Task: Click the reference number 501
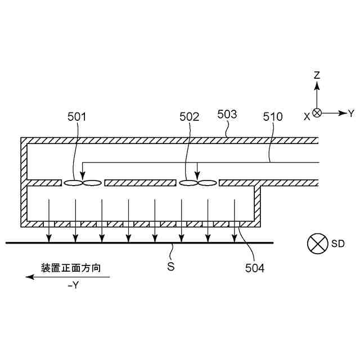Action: click(x=76, y=117)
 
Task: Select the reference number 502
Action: click(x=189, y=117)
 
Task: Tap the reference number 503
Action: click(x=227, y=114)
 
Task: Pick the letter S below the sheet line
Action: click(x=171, y=267)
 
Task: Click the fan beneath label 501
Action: click(x=82, y=183)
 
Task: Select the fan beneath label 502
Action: click(x=197, y=183)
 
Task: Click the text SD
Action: click(x=337, y=244)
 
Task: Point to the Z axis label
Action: click(x=317, y=75)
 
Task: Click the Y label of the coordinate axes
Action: click(x=351, y=113)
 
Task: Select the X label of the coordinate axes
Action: click(x=307, y=115)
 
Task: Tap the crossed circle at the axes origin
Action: click(x=317, y=113)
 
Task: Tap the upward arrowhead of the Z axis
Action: click(x=317, y=85)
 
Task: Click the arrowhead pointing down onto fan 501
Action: click(x=83, y=174)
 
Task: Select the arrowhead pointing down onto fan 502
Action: click(x=197, y=174)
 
